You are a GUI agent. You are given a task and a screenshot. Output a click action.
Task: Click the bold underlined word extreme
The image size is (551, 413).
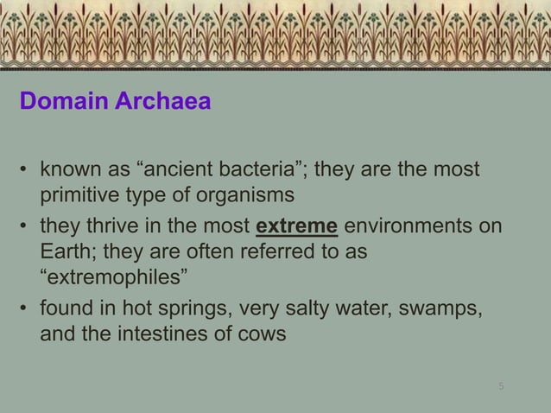click(x=297, y=228)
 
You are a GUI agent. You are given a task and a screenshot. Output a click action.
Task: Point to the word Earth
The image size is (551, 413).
click(x=65, y=253)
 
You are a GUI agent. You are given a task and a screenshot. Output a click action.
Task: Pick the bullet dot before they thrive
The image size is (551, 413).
click(x=24, y=229)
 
